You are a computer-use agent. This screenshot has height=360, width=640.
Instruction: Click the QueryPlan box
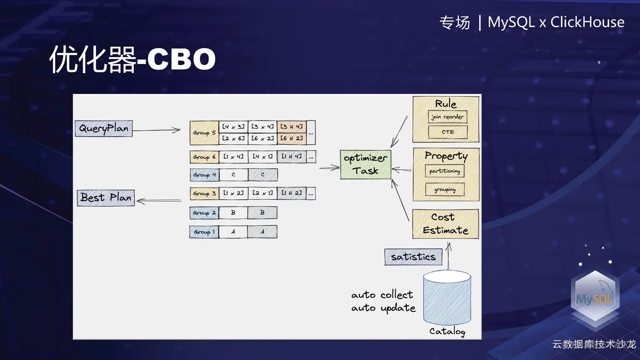click(x=104, y=129)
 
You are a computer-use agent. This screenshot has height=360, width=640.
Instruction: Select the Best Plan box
click(x=106, y=198)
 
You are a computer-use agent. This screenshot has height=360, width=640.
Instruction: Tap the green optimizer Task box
click(x=365, y=165)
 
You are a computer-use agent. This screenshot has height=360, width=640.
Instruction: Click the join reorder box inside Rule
click(x=447, y=117)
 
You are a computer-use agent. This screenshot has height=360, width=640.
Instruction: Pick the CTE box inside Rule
click(x=447, y=132)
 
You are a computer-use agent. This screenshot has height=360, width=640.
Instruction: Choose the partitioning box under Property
click(x=444, y=171)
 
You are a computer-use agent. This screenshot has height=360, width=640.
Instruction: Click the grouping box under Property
click(x=444, y=190)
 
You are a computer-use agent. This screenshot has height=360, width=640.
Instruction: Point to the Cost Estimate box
click(x=445, y=224)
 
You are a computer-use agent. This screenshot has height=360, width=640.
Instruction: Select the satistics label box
click(x=413, y=257)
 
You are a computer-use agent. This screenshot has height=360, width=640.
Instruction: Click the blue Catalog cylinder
click(x=447, y=298)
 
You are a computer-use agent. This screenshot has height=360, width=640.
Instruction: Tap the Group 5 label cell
click(x=204, y=133)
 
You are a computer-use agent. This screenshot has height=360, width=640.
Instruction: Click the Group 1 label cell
click(x=204, y=232)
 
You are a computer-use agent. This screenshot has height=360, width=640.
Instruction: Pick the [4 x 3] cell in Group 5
click(x=233, y=126)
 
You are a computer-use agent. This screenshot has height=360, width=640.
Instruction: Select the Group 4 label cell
click(x=204, y=175)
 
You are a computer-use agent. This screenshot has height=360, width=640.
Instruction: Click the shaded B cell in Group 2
click(x=262, y=212)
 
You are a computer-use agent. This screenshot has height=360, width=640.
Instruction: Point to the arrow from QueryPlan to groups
click(x=157, y=130)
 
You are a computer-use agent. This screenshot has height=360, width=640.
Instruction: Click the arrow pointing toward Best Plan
click(x=159, y=201)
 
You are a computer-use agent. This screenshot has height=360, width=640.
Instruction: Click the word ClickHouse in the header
click(x=587, y=22)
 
